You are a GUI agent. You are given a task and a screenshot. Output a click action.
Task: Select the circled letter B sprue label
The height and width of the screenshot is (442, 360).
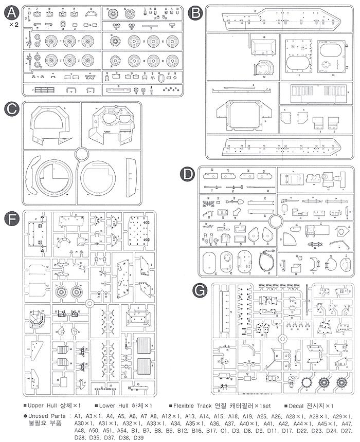click(195, 13)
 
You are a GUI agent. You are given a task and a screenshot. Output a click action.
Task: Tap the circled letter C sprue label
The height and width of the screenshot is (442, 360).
click(11, 109)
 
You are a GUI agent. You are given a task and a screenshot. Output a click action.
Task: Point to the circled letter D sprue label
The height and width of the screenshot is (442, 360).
click(189, 175)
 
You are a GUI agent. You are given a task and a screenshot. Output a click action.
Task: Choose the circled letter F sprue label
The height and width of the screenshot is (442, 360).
click(11, 218)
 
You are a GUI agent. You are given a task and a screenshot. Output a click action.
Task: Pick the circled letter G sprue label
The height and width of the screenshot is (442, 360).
click(199, 291)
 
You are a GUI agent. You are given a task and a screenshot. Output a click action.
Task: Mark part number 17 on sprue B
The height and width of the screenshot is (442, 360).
click(255, 11)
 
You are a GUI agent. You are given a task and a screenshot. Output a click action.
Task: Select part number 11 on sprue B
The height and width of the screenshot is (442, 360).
click(298, 75)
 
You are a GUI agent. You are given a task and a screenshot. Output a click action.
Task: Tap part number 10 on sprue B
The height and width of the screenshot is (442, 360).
click(332, 75)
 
